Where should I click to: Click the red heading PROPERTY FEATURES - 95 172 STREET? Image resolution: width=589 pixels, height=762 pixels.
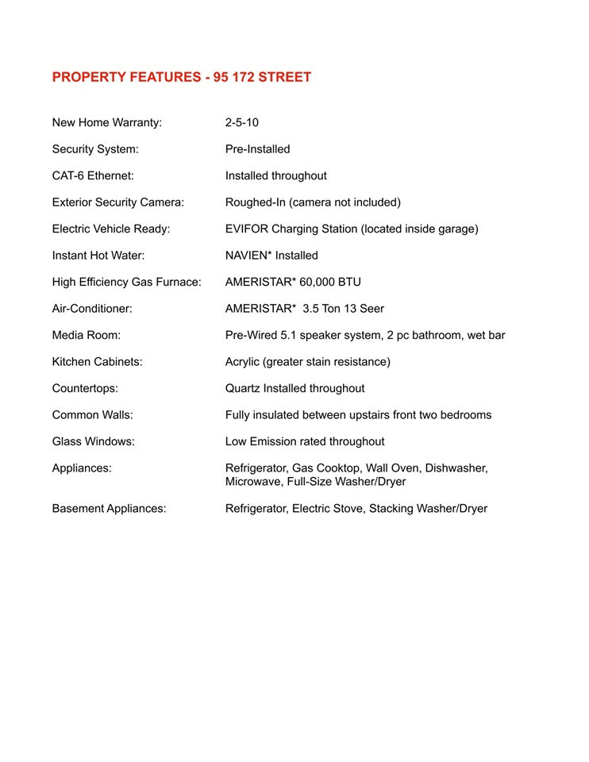tap(181, 77)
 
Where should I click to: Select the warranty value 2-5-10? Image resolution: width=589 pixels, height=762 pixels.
tap(241, 122)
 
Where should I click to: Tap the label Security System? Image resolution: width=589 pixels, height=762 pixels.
tap(94, 149)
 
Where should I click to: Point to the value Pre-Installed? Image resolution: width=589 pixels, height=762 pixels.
tap(257, 149)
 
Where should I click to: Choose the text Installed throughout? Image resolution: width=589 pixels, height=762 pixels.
tap(275, 175)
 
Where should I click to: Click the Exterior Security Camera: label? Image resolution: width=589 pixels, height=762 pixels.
tap(117, 202)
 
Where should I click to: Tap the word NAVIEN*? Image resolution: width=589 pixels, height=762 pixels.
tap(248, 256)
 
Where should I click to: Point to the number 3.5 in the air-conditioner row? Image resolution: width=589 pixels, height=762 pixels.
tap(311, 309)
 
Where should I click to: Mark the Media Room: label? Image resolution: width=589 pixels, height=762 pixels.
tap(86, 335)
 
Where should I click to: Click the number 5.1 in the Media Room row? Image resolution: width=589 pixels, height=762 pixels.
tap(295, 335)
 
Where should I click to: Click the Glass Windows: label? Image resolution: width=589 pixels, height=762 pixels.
tap(93, 441)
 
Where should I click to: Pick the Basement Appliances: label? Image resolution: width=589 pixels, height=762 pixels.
tap(109, 508)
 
